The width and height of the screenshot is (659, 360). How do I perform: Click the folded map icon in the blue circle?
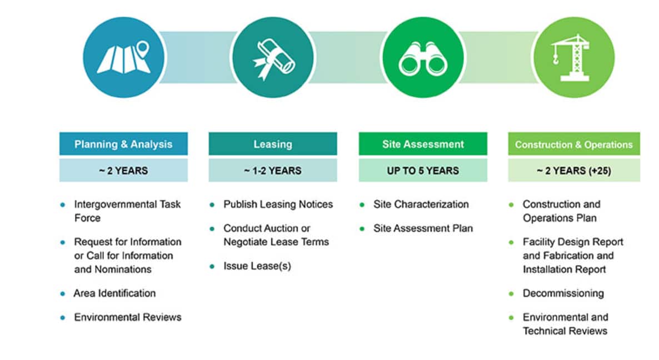(x=124, y=58)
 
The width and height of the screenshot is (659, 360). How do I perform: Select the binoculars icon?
(x=423, y=59)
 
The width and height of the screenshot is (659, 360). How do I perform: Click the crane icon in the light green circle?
(x=572, y=58)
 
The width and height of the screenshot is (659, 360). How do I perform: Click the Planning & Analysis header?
(x=123, y=144)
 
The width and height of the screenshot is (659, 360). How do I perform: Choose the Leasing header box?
(x=273, y=144)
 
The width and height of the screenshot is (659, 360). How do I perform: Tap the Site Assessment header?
(x=423, y=144)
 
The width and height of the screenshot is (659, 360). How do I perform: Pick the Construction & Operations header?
(x=573, y=144)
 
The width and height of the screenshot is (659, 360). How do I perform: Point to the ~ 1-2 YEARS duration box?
(x=273, y=171)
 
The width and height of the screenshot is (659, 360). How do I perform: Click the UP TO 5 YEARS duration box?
(x=423, y=171)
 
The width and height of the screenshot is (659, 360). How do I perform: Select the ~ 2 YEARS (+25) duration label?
(x=573, y=171)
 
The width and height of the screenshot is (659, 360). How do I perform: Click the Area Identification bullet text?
(x=114, y=293)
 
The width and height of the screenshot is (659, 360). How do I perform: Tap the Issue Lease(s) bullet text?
(x=257, y=266)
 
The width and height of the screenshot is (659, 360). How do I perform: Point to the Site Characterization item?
(x=421, y=204)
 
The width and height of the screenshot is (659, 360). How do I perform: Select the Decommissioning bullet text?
(x=563, y=293)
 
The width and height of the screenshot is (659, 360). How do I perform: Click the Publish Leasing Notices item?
(x=278, y=204)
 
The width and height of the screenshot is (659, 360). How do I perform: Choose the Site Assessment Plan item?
(x=423, y=228)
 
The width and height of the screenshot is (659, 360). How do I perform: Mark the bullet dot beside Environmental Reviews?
(x=63, y=318)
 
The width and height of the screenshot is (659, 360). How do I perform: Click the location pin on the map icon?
(x=143, y=49)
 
